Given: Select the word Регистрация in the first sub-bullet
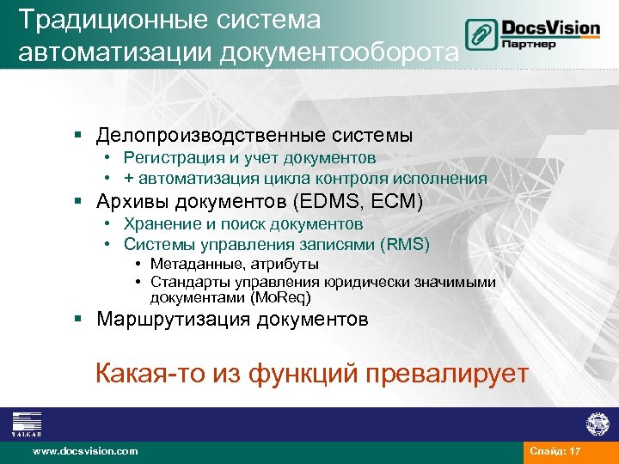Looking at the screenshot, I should (168, 158).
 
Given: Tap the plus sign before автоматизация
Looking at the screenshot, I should (128, 179).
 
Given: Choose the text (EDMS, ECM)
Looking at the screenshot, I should (358, 202).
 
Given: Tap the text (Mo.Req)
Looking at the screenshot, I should (279, 298).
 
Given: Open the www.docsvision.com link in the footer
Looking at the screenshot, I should (84, 450).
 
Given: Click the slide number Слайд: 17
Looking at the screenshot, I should (555, 450).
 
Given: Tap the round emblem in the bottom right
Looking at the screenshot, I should (597, 423).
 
